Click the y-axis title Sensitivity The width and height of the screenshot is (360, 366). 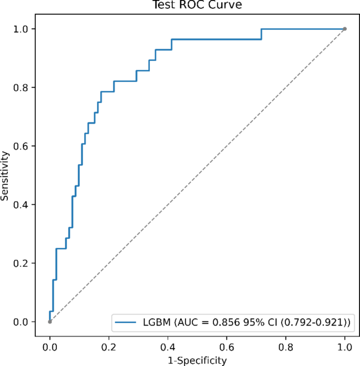pos(5,175)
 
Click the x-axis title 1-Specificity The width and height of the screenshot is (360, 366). pos(197,360)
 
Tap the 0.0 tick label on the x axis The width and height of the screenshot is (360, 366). pos(49,347)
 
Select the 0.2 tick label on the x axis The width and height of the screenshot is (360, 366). pos(109,347)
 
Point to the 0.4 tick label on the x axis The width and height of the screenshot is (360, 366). pos(168,347)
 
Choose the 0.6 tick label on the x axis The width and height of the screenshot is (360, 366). pos(227,347)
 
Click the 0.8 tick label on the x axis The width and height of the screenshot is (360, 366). pos(286,347)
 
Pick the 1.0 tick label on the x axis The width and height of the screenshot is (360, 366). pos(345,347)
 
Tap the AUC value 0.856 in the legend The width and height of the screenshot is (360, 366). pos(221,320)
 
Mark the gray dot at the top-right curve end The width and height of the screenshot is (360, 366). pos(345,28)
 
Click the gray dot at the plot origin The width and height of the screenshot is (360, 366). pos(49,321)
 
